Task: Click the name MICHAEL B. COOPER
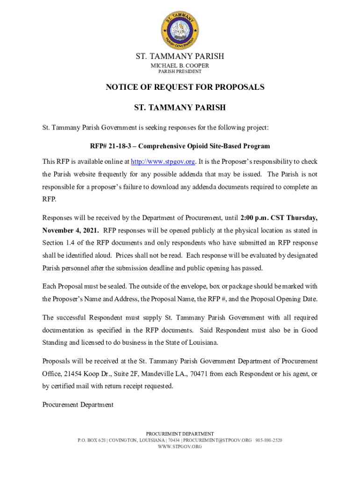point(180,65)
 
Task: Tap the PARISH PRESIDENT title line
point(180,72)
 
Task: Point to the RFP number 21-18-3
point(119,146)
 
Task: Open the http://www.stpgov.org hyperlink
point(163,161)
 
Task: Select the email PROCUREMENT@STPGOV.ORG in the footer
point(217,440)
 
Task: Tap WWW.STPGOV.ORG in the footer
point(180,447)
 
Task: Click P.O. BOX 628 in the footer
point(92,440)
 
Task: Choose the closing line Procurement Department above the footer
point(78,405)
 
